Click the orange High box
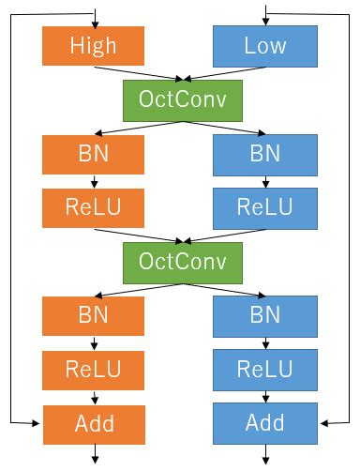94,45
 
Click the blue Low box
265,45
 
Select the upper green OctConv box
179,98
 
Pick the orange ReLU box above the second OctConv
94,206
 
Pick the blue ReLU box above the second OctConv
265,206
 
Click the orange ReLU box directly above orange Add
94,367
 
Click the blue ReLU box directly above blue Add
265,367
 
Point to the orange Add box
94,422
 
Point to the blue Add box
265,422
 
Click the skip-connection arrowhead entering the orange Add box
37,423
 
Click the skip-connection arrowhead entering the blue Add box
323,423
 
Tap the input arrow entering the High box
94,19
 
